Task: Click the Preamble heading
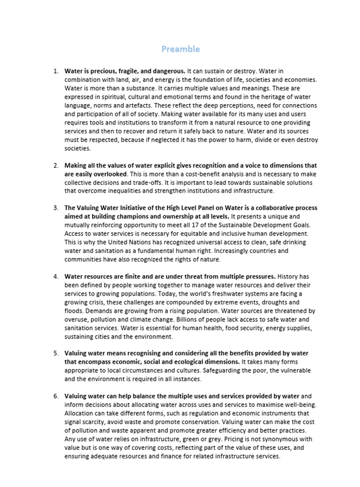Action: pyautogui.click(x=180, y=49)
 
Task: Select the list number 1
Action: pyautogui.click(x=56, y=71)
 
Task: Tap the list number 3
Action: pyautogui.click(x=56, y=208)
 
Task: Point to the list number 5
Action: pyautogui.click(x=56, y=354)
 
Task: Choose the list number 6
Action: pyautogui.click(x=56, y=396)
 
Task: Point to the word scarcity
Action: pyautogui.click(x=88, y=422)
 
